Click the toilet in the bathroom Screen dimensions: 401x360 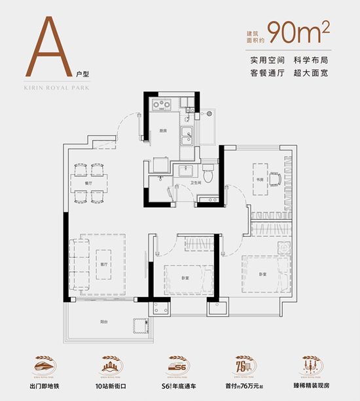pos(208,173)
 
